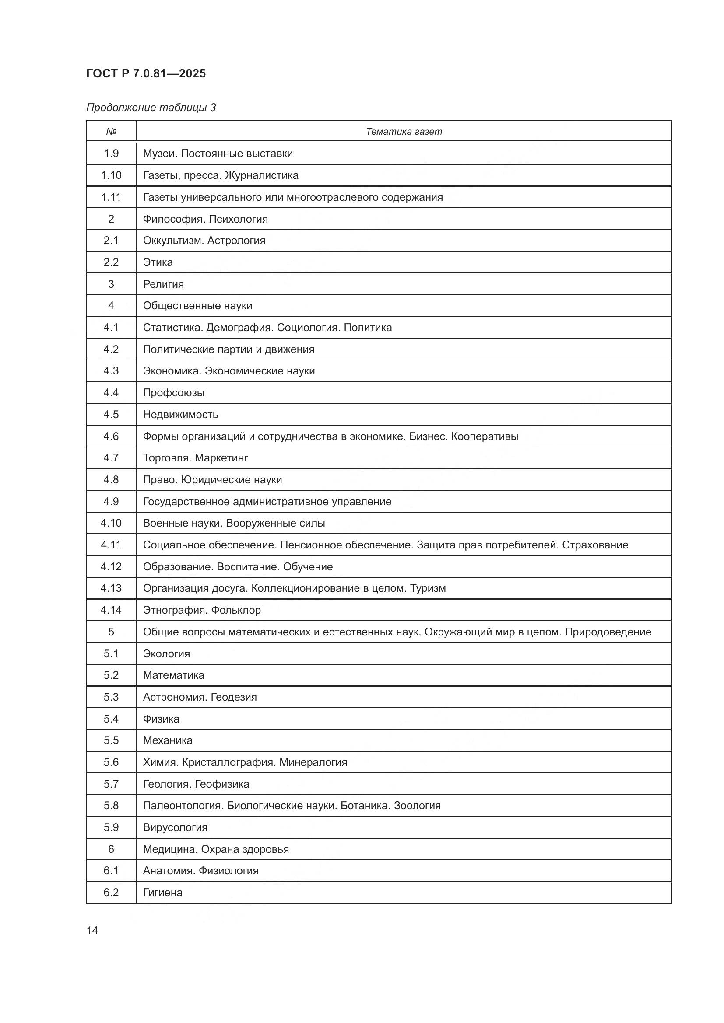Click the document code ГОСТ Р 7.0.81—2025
click(146, 73)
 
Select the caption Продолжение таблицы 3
click(151, 108)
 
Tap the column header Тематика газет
click(404, 132)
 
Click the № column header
click(111, 132)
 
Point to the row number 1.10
click(111, 175)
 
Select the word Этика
click(158, 262)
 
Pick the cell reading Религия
click(163, 284)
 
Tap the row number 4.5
click(111, 414)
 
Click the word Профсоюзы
click(173, 392)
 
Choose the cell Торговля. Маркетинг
click(195, 457)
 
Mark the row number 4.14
click(111, 610)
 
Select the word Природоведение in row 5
click(608, 632)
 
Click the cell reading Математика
click(173, 675)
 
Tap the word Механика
click(168, 740)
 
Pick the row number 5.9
click(111, 827)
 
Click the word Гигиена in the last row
click(162, 893)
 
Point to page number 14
click(92, 930)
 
